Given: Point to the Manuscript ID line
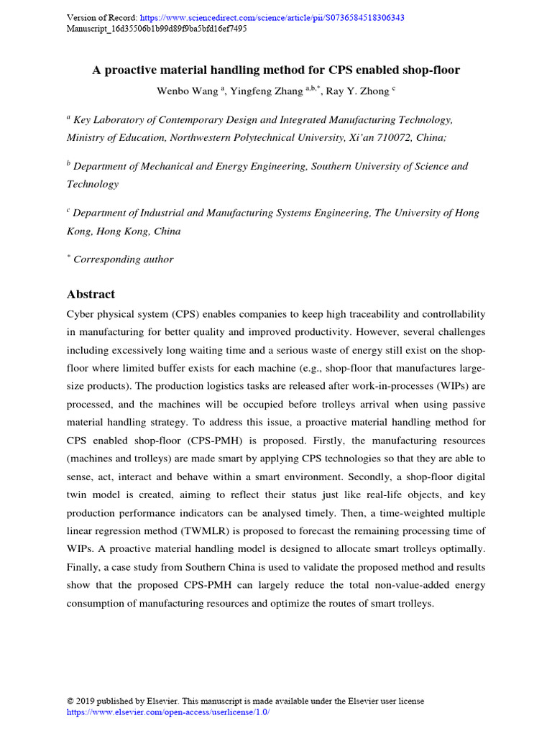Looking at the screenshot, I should pos(157,29).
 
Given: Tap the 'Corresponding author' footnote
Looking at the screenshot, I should pos(123,259).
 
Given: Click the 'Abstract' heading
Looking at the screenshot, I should pos(91,294).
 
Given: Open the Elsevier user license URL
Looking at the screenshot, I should pos(168,712).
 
